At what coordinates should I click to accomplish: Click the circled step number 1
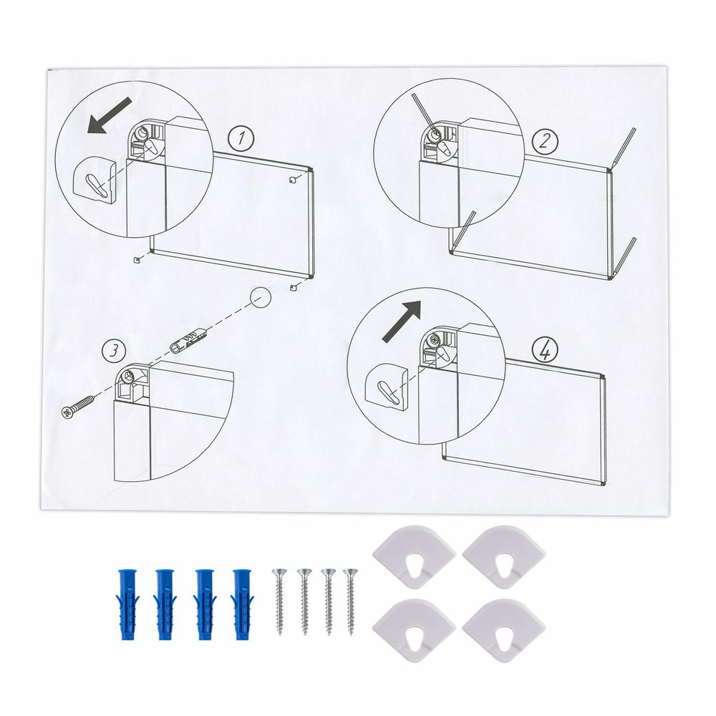(x=241, y=140)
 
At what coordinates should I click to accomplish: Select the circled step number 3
(x=113, y=351)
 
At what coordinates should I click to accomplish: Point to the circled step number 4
(x=545, y=351)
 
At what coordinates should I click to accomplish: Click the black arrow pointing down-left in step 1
(x=110, y=116)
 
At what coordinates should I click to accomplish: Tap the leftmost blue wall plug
(x=127, y=603)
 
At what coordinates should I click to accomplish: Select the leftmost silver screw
(x=280, y=601)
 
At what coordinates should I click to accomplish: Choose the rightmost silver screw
(x=351, y=601)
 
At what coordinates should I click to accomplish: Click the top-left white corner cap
(x=414, y=556)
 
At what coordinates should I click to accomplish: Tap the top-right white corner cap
(x=504, y=556)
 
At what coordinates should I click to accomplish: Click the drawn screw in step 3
(x=79, y=405)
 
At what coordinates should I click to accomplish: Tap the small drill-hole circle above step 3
(x=261, y=298)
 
